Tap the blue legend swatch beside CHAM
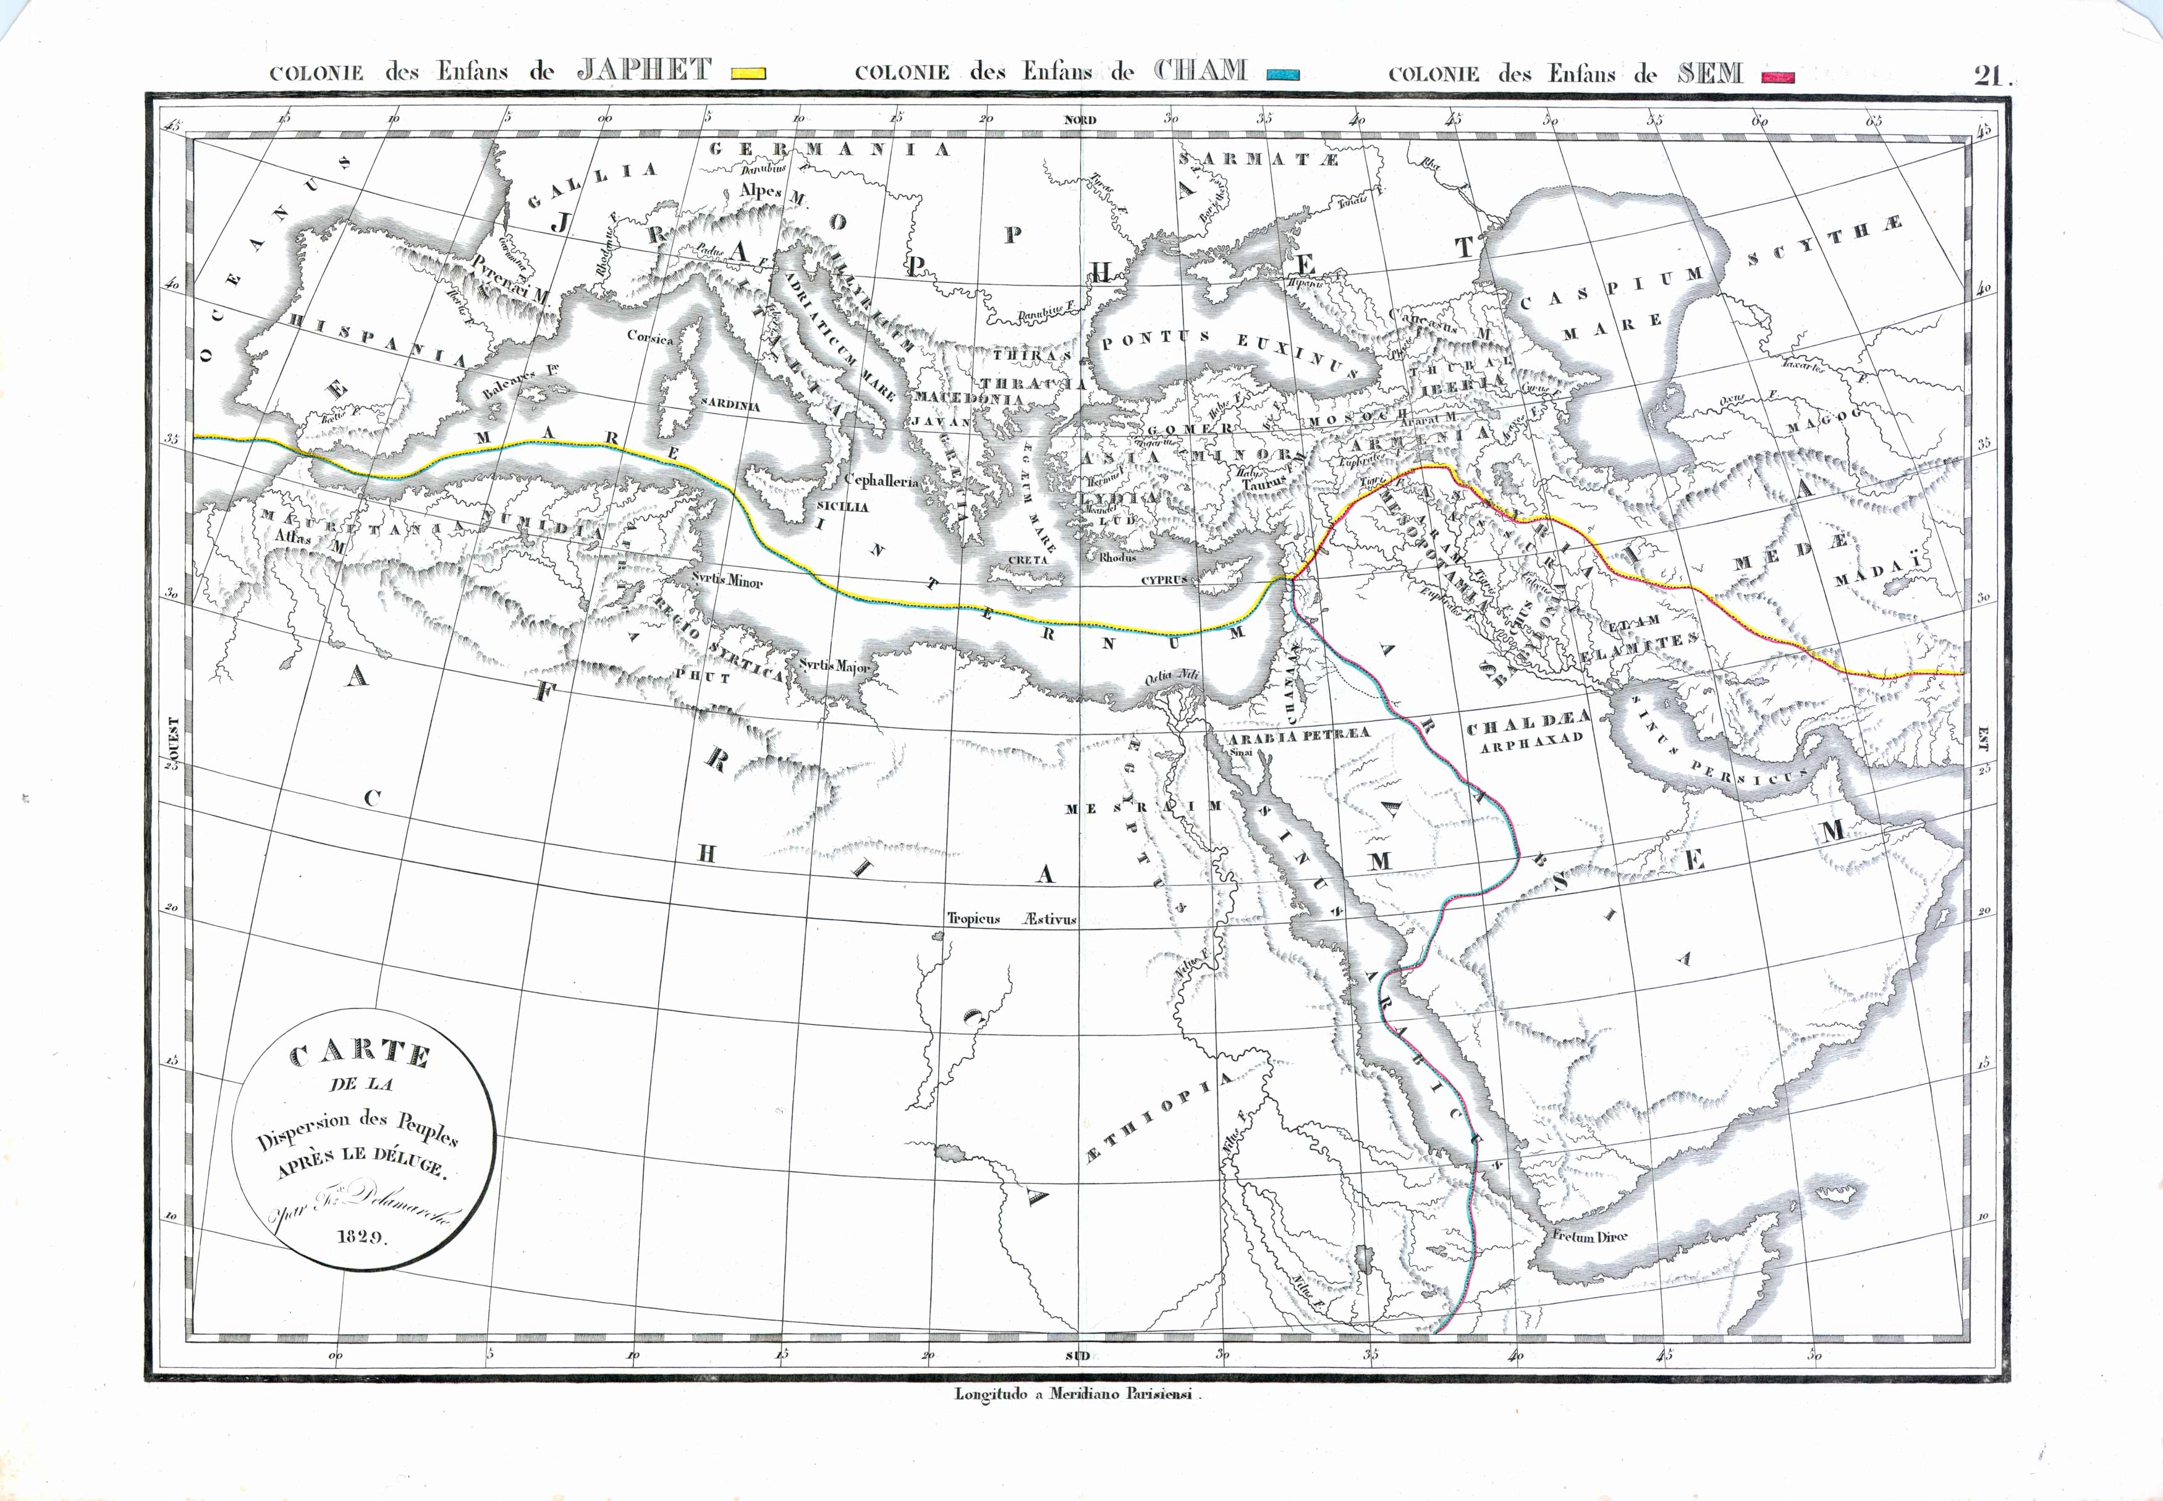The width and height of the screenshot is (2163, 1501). (1284, 74)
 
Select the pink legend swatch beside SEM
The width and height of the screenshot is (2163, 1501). (1779, 76)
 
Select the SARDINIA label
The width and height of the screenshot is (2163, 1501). (729, 405)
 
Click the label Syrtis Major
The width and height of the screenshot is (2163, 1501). (834, 666)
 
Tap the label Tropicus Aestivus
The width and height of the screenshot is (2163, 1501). (1011, 919)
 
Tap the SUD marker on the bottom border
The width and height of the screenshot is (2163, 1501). (1078, 1355)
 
